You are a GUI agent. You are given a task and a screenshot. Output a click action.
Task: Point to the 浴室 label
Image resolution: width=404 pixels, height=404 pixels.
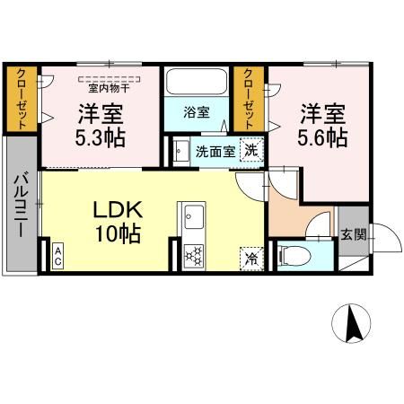[x=197, y=113]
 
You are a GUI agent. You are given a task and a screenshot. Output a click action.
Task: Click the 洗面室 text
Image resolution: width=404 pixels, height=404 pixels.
[x=215, y=151]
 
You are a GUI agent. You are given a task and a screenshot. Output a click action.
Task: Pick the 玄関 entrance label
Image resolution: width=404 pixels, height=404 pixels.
[x=353, y=235]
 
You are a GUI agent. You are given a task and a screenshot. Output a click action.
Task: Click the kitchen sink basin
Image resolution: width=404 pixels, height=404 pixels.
[x=193, y=216]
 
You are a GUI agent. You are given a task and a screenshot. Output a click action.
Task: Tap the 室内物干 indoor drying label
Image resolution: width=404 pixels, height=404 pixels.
[x=107, y=88]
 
